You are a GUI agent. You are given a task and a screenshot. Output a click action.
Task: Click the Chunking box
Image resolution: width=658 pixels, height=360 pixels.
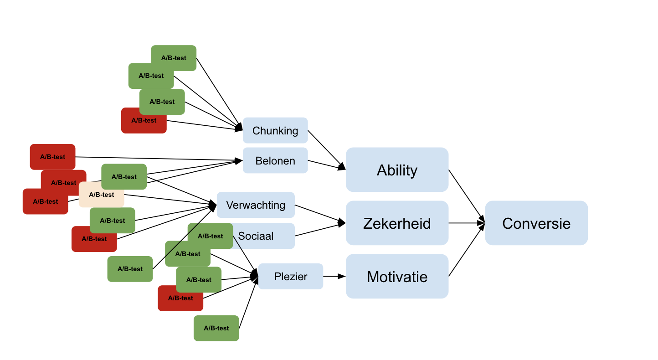click(275, 130)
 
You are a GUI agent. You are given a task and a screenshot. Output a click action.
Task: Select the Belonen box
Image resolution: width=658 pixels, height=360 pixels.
click(275, 160)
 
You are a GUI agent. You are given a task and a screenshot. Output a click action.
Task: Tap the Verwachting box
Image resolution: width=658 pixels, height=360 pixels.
click(256, 205)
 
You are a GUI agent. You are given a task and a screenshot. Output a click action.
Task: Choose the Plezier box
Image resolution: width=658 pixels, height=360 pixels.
click(291, 276)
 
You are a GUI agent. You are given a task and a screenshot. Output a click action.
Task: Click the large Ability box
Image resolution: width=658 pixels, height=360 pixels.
click(397, 170)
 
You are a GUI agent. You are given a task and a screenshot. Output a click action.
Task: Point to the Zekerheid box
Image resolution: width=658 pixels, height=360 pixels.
click(397, 223)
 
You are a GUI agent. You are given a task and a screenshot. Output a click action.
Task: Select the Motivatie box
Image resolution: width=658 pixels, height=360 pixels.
click(397, 276)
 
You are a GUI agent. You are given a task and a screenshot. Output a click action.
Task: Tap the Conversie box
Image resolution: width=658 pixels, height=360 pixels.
click(536, 223)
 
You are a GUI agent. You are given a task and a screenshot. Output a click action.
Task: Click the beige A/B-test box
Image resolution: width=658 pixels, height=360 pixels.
click(101, 195)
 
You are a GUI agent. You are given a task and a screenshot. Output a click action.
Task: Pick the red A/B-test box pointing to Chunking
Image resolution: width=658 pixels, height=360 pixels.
click(144, 121)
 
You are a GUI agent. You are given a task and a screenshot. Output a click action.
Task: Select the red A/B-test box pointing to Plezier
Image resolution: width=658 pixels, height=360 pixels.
click(180, 298)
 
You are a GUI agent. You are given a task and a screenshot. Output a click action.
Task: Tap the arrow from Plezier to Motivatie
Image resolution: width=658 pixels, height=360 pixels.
click(334, 276)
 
